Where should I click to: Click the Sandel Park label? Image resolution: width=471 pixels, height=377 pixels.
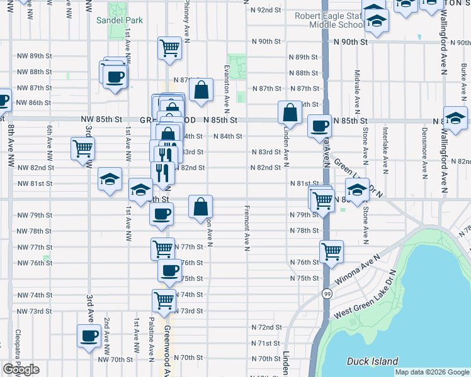click(120, 20)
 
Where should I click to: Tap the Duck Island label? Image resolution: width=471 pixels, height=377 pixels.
click(373, 361)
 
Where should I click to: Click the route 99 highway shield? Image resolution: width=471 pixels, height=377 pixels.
click(327, 293)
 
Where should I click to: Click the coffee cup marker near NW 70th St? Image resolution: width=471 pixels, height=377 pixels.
click(89, 336)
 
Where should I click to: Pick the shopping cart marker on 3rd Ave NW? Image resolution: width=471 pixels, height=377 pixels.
click(83, 150)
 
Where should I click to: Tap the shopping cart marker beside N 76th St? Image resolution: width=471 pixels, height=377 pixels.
click(332, 252)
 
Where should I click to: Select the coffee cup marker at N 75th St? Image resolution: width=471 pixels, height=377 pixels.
click(169, 271)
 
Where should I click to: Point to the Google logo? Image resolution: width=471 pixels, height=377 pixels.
click(21, 369)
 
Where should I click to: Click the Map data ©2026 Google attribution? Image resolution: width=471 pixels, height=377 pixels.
click(433, 372)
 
